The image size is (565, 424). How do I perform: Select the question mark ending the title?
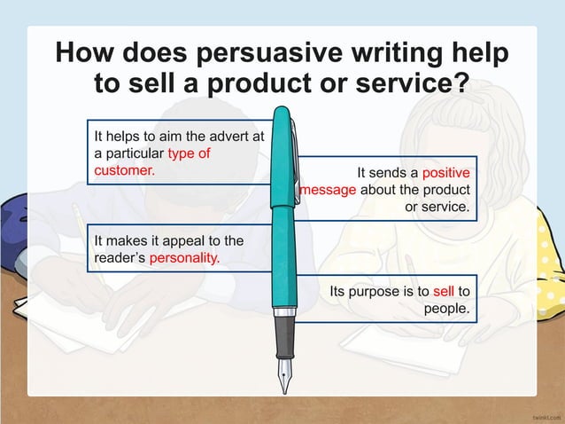tap(461, 84)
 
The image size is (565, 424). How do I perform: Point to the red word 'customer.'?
tap(124, 169)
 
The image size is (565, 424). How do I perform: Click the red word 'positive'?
tap(445, 173)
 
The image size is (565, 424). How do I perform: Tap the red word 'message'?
tap(327, 190)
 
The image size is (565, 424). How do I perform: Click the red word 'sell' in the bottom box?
tap(444, 291)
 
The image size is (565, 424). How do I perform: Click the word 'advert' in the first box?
tap(228, 137)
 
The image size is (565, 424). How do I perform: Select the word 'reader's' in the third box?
tap(120, 258)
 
